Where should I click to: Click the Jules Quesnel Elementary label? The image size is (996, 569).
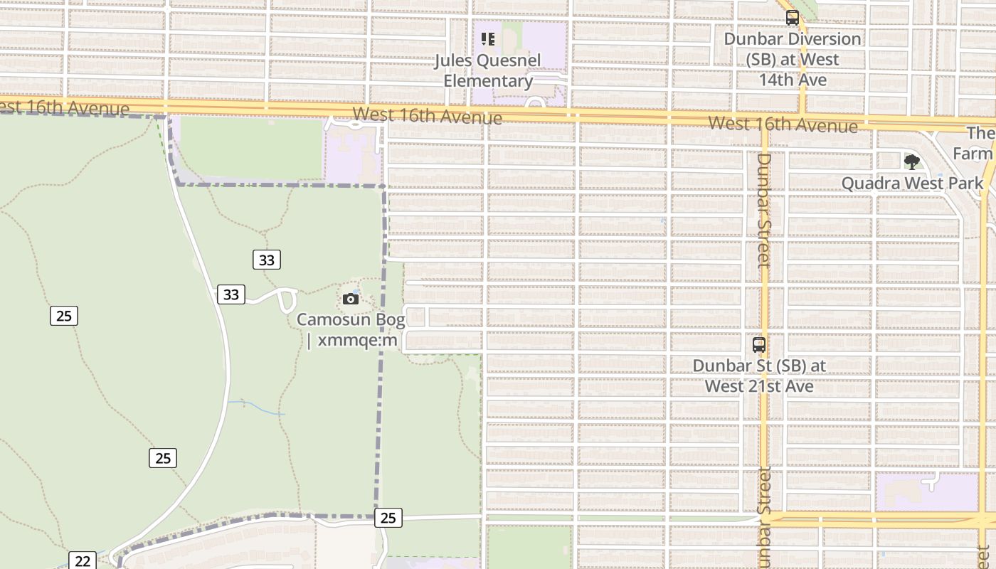click(488, 70)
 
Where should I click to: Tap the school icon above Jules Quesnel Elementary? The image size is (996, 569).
click(488, 38)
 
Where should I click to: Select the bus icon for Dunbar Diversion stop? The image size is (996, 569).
click(792, 18)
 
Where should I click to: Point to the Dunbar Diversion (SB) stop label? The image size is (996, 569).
click(792, 59)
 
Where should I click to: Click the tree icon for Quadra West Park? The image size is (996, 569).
click(911, 162)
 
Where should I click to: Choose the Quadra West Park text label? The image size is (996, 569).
click(912, 184)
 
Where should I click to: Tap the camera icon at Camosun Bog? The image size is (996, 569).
click(350, 299)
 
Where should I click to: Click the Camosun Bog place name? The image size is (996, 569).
click(351, 319)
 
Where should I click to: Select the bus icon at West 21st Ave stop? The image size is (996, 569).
click(759, 345)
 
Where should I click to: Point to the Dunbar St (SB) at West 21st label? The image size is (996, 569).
click(759, 376)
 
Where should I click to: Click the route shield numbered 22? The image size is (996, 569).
click(83, 560)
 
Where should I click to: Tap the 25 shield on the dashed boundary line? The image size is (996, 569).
click(388, 518)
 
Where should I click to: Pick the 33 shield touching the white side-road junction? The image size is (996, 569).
click(231, 294)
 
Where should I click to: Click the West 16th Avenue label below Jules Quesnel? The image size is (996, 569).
click(427, 116)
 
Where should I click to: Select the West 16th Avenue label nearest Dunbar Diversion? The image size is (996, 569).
click(783, 124)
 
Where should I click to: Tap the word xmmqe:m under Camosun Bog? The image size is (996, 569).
click(357, 340)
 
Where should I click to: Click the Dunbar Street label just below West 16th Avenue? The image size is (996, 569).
click(763, 210)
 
